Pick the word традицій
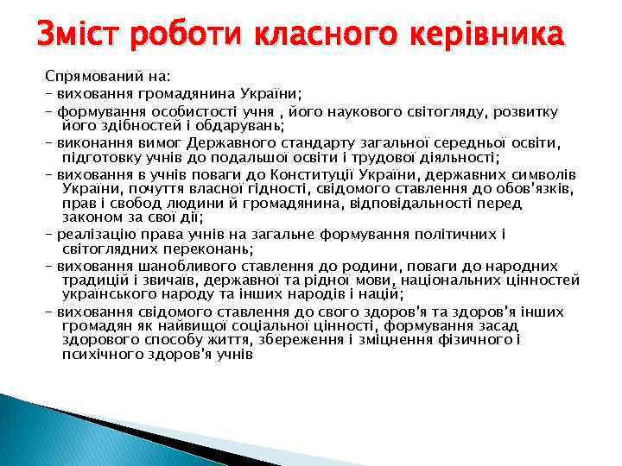point(94,280)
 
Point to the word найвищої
point(213,326)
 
